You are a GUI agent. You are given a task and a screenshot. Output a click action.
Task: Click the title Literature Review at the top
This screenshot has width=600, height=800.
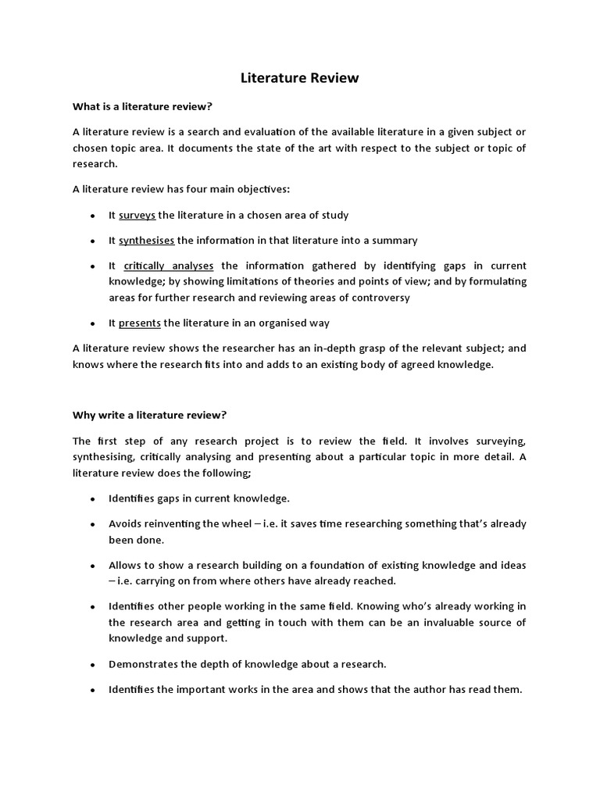click(x=299, y=78)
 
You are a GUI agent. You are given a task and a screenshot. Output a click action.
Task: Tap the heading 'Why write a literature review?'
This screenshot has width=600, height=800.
click(x=149, y=415)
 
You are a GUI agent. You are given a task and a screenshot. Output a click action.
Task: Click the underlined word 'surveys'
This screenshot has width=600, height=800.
click(x=137, y=215)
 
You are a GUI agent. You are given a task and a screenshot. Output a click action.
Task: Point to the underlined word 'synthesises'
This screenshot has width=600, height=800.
click(x=146, y=241)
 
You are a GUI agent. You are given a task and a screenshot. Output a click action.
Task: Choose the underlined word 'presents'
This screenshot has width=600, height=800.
click(x=139, y=323)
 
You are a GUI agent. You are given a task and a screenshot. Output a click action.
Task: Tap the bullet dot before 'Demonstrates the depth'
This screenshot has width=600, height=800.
click(x=93, y=665)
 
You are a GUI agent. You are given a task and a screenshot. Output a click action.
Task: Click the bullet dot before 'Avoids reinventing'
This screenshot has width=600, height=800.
click(x=93, y=524)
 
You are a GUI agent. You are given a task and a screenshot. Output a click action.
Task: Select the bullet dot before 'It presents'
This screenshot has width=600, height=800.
click(x=93, y=323)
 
